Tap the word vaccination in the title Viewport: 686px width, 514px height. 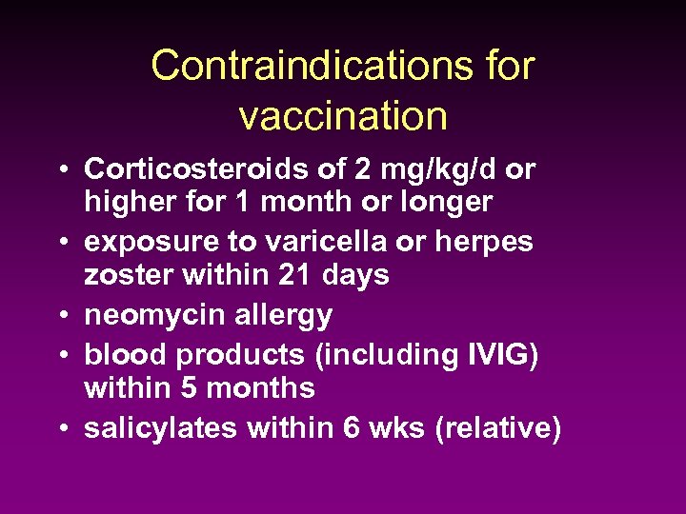click(343, 116)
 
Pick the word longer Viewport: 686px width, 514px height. click(447, 202)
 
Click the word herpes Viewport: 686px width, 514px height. click(484, 242)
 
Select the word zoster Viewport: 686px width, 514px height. click(123, 275)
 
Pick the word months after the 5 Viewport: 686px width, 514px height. click(258, 387)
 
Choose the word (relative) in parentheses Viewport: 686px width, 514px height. click(497, 428)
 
